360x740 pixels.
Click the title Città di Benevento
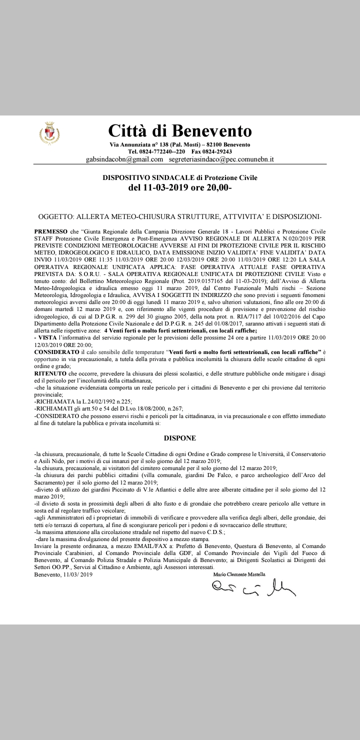point(180,131)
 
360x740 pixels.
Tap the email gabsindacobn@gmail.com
point(125,159)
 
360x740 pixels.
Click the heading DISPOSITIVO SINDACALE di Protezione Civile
point(180,177)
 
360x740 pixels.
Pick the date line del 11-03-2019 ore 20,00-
point(180,188)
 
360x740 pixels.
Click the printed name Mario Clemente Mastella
point(246,575)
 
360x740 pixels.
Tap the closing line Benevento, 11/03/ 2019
point(63,575)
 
